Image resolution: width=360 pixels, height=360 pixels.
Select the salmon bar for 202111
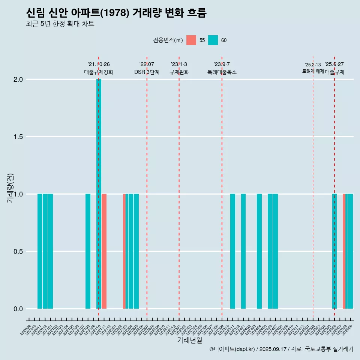(x=104, y=251)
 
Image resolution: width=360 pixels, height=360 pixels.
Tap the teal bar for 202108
(x=88, y=251)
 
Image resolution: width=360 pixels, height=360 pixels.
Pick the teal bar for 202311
(x=232, y=251)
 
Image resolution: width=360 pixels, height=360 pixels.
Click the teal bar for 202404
(x=259, y=251)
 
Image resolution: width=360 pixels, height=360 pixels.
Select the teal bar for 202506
(x=334, y=251)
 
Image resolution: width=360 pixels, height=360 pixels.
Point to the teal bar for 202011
(x=40, y=251)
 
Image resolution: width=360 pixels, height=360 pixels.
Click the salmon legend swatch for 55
(x=191, y=40)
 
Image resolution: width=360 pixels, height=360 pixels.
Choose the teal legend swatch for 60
(x=213, y=40)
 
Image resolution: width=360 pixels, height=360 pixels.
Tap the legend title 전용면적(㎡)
(x=168, y=40)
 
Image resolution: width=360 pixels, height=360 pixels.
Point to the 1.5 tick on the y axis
(x=18, y=137)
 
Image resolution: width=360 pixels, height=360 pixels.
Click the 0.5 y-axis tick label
(x=18, y=252)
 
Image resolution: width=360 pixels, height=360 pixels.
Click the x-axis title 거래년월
(x=189, y=340)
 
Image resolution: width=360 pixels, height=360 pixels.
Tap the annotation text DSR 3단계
(x=147, y=72)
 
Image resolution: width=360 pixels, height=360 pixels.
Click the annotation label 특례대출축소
(x=222, y=72)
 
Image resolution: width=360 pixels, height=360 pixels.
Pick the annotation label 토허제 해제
(x=313, y=71)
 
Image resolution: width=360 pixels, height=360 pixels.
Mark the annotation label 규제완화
(x=179, y=72)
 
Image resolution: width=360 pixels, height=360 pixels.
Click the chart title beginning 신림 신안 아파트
(x=116, y=13)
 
